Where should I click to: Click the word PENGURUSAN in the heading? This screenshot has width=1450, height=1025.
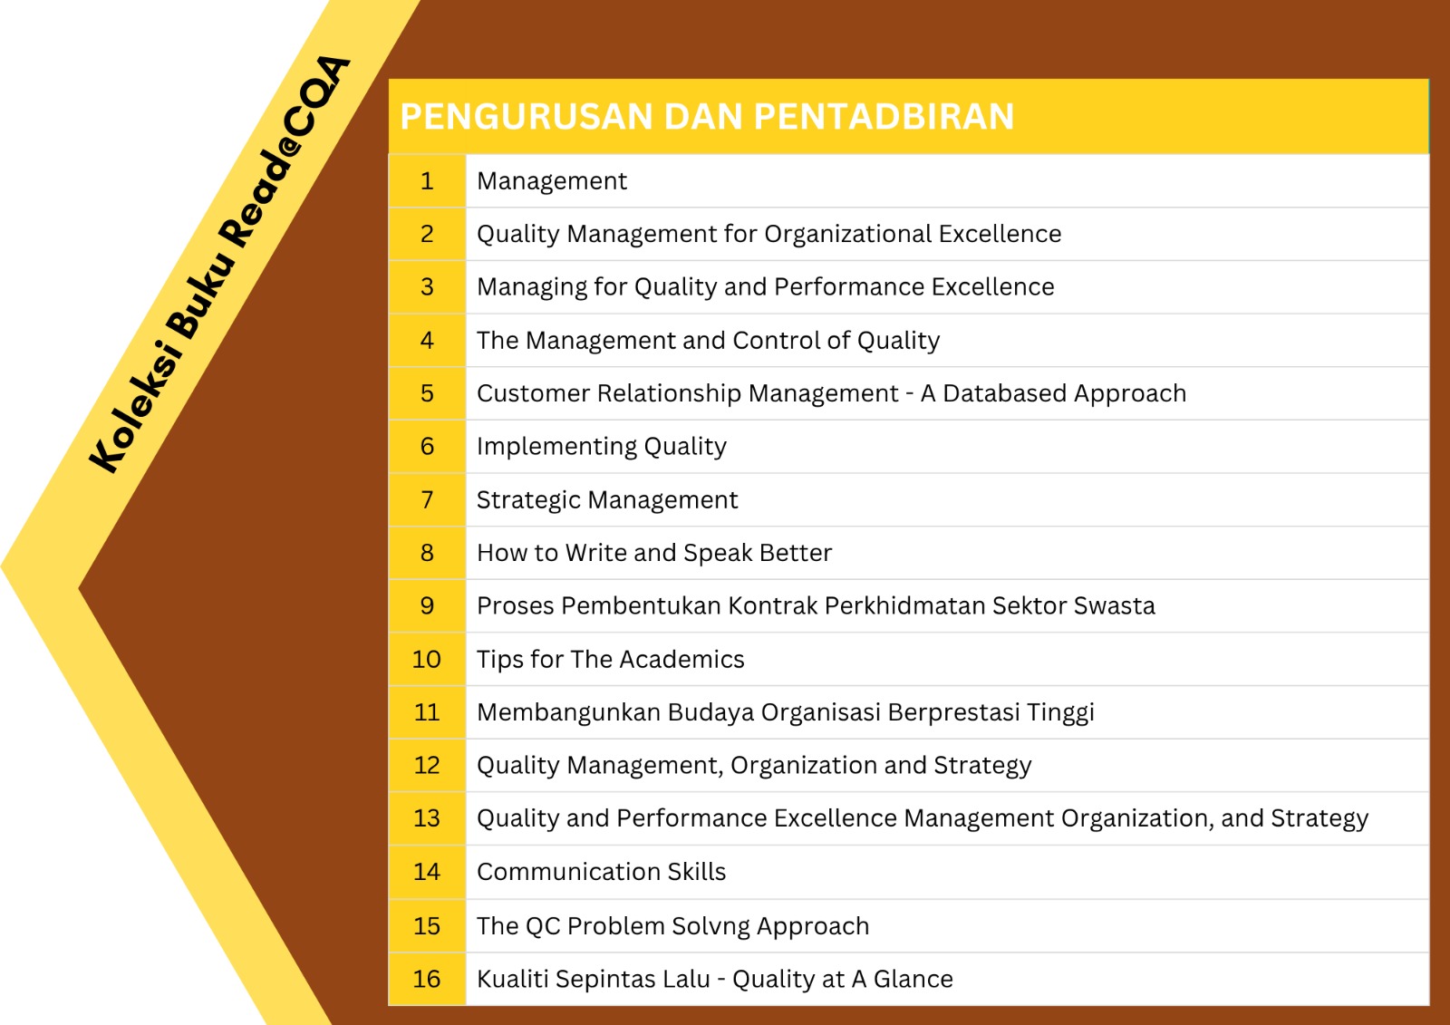[527, 117]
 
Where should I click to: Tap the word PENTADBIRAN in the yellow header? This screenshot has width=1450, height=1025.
[884, 117]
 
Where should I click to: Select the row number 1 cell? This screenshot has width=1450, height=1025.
[427, 180]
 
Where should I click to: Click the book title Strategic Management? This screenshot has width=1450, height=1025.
[607, 500]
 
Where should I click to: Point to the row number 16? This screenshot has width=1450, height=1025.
[427, 979]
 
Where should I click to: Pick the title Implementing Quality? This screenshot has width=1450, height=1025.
[602, 447]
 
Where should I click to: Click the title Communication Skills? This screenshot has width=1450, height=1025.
[602, 872]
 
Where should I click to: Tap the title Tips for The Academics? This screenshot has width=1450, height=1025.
[611, 659]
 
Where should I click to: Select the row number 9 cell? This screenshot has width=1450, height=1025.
[427, 605]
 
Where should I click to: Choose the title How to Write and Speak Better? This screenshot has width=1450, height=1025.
[654, 552]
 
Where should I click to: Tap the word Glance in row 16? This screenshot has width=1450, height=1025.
[913, 979]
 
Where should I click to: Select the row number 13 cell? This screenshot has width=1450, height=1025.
[427, 818]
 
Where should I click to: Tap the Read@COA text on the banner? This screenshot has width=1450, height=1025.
[285, 151]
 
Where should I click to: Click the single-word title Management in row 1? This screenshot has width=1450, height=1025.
[552, 181]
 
